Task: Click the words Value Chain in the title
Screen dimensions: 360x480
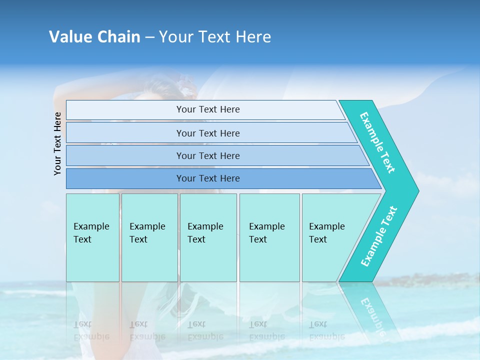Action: click(x=94, y=37)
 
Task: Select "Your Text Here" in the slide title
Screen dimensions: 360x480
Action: click(x=215, y=37)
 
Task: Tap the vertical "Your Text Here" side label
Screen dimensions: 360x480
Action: click(x=57, y=143)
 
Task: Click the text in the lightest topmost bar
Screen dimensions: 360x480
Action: click(x=208, y=109)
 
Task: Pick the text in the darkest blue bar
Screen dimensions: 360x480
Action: click(x=208, y=178)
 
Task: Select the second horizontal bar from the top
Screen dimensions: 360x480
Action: click(x=208, y=133)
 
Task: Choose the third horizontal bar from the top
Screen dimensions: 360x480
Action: click(x=208, y=155)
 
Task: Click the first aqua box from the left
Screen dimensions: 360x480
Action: click(x=92, y=237)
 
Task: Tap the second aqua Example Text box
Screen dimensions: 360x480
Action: click(x=149, y=237)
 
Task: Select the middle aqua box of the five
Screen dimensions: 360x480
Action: click(x=208, y=237)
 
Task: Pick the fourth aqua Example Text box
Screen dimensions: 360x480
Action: click(x=269, y=237)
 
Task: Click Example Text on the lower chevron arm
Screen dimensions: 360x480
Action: click(x=379, y=236)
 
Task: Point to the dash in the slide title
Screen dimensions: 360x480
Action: click(x=149, y=37)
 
